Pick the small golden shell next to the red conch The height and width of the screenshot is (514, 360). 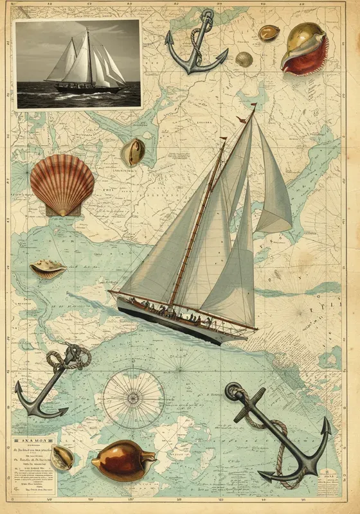[x=268, y=32]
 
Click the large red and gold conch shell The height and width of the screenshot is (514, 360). [x=305, y=48]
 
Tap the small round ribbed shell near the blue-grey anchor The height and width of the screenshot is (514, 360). [x=244, y=59]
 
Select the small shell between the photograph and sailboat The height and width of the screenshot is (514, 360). [x=132, y=152]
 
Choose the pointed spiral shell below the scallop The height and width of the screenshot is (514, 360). [x=48, y=268]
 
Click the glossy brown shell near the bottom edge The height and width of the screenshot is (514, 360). [x=123, y=459]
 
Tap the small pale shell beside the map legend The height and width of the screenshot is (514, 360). [x=63, y=457]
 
